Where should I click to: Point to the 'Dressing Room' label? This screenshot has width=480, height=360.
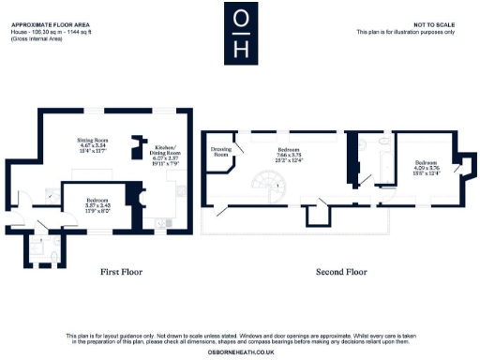221,153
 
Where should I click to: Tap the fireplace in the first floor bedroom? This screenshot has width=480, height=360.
138,200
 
